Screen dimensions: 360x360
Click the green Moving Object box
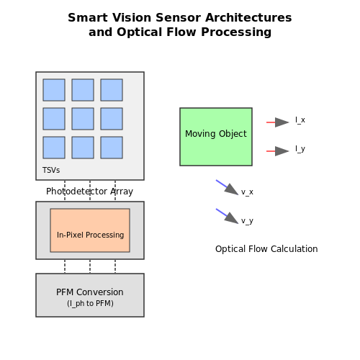click(x=216, y=137)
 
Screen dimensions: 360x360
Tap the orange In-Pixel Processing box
click(x=90, y=230)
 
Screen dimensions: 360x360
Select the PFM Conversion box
click(x=90, y=295)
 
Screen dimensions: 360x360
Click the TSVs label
click(x=51, y=170)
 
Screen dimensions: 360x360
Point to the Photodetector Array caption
click(x=89, y=192)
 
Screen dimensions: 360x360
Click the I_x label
click(x=300, y=120)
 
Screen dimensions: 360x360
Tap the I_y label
click(x=300, y=149)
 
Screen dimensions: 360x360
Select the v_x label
click(x=247, y=192)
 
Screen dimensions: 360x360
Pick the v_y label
click(x=247, y=221)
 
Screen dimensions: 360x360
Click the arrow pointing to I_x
click(x=278, y=122)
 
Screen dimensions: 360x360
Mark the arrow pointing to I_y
click(x=278, y=151)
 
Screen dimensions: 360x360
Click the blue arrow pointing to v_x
click(x=228, y=187)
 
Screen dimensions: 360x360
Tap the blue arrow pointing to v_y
click(x=228, y=216)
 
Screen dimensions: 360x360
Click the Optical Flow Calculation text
click(x=266, y=249)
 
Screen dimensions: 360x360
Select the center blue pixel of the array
click(x=83, y=119)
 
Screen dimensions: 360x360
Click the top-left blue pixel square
click(x=54, y=90)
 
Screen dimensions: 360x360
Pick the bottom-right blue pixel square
click(x=112, y=148)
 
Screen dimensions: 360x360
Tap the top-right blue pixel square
click(x=112, y=90)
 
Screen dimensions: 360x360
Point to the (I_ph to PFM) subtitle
click(x=90, y=304)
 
